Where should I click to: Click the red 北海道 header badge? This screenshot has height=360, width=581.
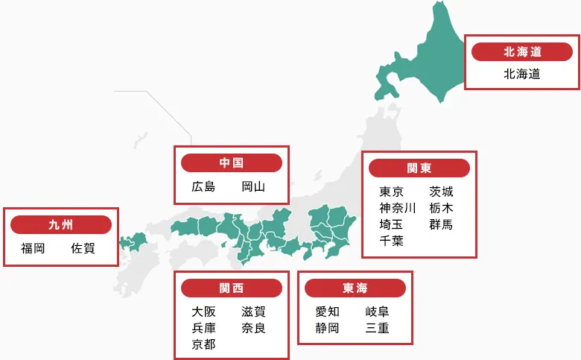tap(521, 51)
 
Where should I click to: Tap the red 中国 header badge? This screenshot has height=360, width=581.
tap(231, 163)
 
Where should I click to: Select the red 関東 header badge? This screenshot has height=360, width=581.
tap(419, 168)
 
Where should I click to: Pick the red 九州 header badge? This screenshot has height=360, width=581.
tap(60, 224)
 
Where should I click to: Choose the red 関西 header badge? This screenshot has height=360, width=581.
tap(231, 288)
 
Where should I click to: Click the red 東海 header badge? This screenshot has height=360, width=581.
tap(355, 288)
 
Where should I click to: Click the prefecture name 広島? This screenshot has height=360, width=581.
tap(203, 186)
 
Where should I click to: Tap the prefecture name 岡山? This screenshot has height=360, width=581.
tap(253, 186)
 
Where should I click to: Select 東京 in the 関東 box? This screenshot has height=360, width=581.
tap(391, 192)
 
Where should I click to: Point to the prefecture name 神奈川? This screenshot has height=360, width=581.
tap(397, 208)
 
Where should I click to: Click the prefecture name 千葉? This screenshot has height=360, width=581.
tap(391, 240)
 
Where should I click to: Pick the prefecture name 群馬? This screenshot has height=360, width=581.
tap(441, 224)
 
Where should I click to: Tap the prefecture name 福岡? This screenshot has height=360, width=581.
tap(33, 248)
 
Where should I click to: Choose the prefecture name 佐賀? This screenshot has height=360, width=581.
tap(83, 248)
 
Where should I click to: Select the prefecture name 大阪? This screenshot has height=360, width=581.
tap(203, 312)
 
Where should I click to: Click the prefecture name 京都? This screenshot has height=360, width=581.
tap(203, 344)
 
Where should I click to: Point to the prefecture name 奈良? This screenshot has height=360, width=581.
tap(253, 328)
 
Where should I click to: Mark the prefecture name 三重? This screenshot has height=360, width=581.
tap(377, 328)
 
